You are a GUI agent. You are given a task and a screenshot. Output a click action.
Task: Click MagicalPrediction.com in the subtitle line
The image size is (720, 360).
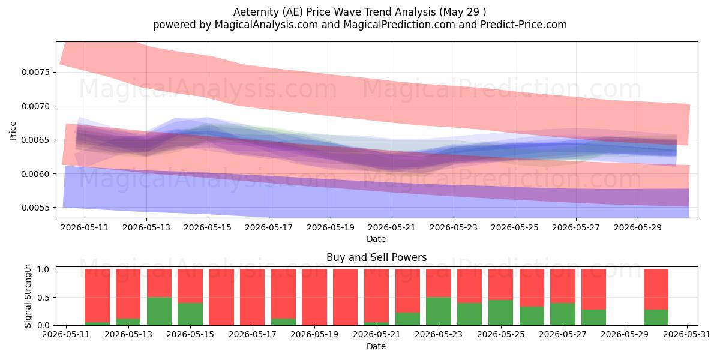pos(399,25)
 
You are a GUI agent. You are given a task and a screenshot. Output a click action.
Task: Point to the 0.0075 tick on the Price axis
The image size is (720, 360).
pos(36,73)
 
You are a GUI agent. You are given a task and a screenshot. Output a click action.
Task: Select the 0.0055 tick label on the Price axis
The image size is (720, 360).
pos(36,208)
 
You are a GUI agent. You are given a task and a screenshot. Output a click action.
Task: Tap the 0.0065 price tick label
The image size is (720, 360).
pos(36,140)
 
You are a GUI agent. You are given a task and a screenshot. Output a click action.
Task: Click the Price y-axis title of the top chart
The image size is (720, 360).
pos(13,131)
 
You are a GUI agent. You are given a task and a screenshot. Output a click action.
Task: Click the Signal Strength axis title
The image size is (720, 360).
pos(28,296)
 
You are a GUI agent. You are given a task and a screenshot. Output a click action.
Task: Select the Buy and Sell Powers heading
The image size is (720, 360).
pos(376,257)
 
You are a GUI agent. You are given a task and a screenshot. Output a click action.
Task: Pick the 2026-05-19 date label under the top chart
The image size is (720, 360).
pos(331,227)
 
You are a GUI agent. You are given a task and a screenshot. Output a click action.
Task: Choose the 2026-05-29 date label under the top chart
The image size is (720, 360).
pos(638,227)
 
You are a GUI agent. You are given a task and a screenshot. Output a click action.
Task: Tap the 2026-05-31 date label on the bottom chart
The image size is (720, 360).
pos(687,335)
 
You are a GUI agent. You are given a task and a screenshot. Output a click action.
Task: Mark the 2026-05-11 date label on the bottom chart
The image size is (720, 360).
pos(66,335)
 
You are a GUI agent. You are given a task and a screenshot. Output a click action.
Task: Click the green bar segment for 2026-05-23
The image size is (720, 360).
pos(439,311)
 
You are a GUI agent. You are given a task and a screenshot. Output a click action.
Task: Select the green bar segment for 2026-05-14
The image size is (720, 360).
pos(159,311)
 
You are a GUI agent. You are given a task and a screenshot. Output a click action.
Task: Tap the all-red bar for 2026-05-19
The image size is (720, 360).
pos(314,298)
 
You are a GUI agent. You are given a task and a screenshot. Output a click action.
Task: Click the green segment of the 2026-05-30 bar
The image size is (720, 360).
pos(656,317)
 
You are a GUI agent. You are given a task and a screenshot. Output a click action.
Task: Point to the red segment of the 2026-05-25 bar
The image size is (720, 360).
pos(501,284)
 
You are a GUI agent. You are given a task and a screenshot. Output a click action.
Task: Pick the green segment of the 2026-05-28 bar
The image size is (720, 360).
pos(593,317)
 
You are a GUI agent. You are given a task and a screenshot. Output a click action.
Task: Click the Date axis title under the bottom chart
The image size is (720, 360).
pos(376,347)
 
